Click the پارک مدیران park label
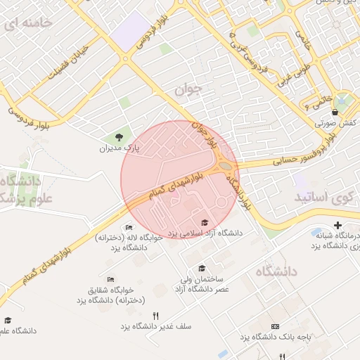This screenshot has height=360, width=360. (119, 149)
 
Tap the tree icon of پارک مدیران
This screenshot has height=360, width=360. (119, 137)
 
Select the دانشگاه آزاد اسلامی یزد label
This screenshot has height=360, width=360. (205, 232)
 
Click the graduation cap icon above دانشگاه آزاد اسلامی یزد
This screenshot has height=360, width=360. (205, 221)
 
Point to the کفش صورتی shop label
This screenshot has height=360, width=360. (337, 123)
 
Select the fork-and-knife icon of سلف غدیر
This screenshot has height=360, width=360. (155, 316)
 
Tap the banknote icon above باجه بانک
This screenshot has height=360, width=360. (274, 328)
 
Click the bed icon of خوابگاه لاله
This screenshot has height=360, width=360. (128, 228)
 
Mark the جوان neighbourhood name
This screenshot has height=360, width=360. (188, 89)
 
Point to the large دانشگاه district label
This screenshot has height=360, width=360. (276, 271)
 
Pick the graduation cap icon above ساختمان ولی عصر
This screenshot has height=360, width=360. (202, 269)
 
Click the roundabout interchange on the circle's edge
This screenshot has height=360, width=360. (228, 167)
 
